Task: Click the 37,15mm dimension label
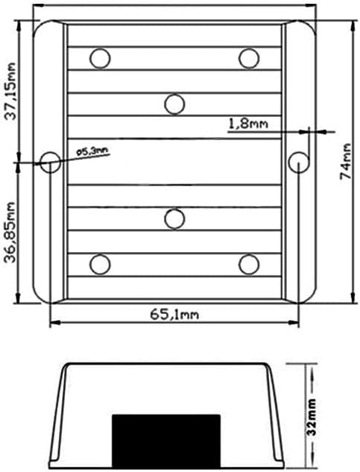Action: (x=11, y=91)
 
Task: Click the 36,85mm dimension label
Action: (x=11, y=233)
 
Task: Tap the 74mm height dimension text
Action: (x=346, y=161)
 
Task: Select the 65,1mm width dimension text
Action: (x=174, y=315)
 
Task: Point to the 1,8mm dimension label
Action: (x=248, y=124)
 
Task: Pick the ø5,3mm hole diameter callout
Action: (x=92, y=151)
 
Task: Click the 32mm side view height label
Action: (x=312, y=417)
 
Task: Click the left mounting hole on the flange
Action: (x=50, y=163)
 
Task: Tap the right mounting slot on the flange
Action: (x=298, y=163)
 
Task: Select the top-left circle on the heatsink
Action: (x=100, y=58)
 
